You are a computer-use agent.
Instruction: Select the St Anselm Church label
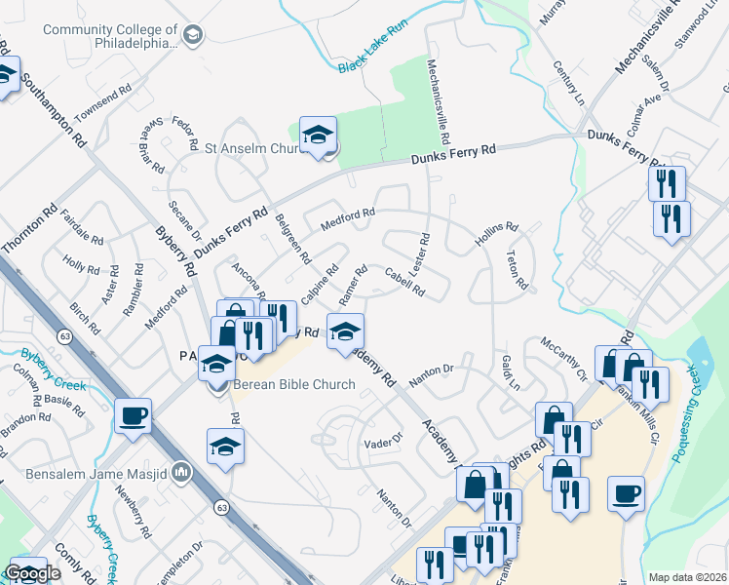(255, 148)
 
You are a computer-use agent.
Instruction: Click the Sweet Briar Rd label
(151, 144)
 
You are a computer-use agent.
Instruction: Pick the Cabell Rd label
(404, 282)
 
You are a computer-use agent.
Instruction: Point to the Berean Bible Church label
(292, 384)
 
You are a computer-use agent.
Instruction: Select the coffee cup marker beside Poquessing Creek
(627, 493)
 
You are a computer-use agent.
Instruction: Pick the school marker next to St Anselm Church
(318, 136)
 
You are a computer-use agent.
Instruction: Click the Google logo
(33, 574)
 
